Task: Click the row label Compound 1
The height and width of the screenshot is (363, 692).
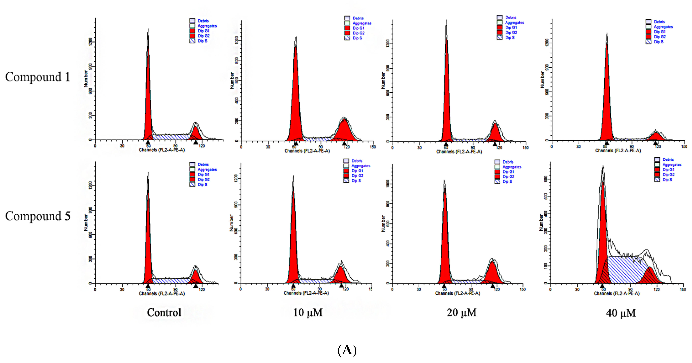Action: click(38, 77)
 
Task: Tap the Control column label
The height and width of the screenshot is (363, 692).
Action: click(164, 313)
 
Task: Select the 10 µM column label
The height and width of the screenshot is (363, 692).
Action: click(308, 313)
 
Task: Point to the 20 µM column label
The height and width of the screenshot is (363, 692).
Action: click(461, 313)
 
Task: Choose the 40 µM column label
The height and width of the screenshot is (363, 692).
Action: click(621, 313)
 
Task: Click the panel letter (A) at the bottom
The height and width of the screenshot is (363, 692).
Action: click(347, 350)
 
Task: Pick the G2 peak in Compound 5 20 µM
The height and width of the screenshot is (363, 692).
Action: click(492, 273)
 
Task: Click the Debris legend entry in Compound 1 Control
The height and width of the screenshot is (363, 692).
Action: click(203, 21)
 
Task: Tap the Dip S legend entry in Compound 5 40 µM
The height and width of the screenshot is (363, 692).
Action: click(667, 180)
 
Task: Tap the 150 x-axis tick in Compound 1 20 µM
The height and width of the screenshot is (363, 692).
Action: click(526, 147)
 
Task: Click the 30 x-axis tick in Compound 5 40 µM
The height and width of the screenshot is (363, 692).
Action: click(577, 289)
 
